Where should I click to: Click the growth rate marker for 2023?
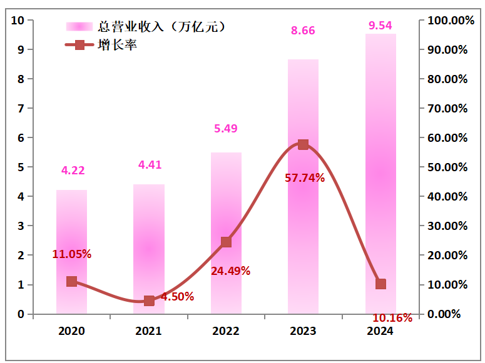coord(304,144)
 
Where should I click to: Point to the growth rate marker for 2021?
coord(149,301)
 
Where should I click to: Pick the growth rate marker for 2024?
coord(380,284)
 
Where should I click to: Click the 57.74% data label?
coord(305,178)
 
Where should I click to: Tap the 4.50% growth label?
coord(177,297)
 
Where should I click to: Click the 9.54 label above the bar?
coord(380,25)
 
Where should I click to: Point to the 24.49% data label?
coord(230,271)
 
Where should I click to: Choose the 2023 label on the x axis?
coord(303,331)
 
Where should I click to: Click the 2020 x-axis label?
coord(71,331)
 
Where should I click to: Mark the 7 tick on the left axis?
coord(21,108)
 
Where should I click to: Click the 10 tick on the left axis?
coord(18,20)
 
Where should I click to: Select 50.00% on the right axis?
coord(447,167)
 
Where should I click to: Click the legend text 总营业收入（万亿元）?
coord(161,26)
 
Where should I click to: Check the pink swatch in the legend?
coord(79,26)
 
